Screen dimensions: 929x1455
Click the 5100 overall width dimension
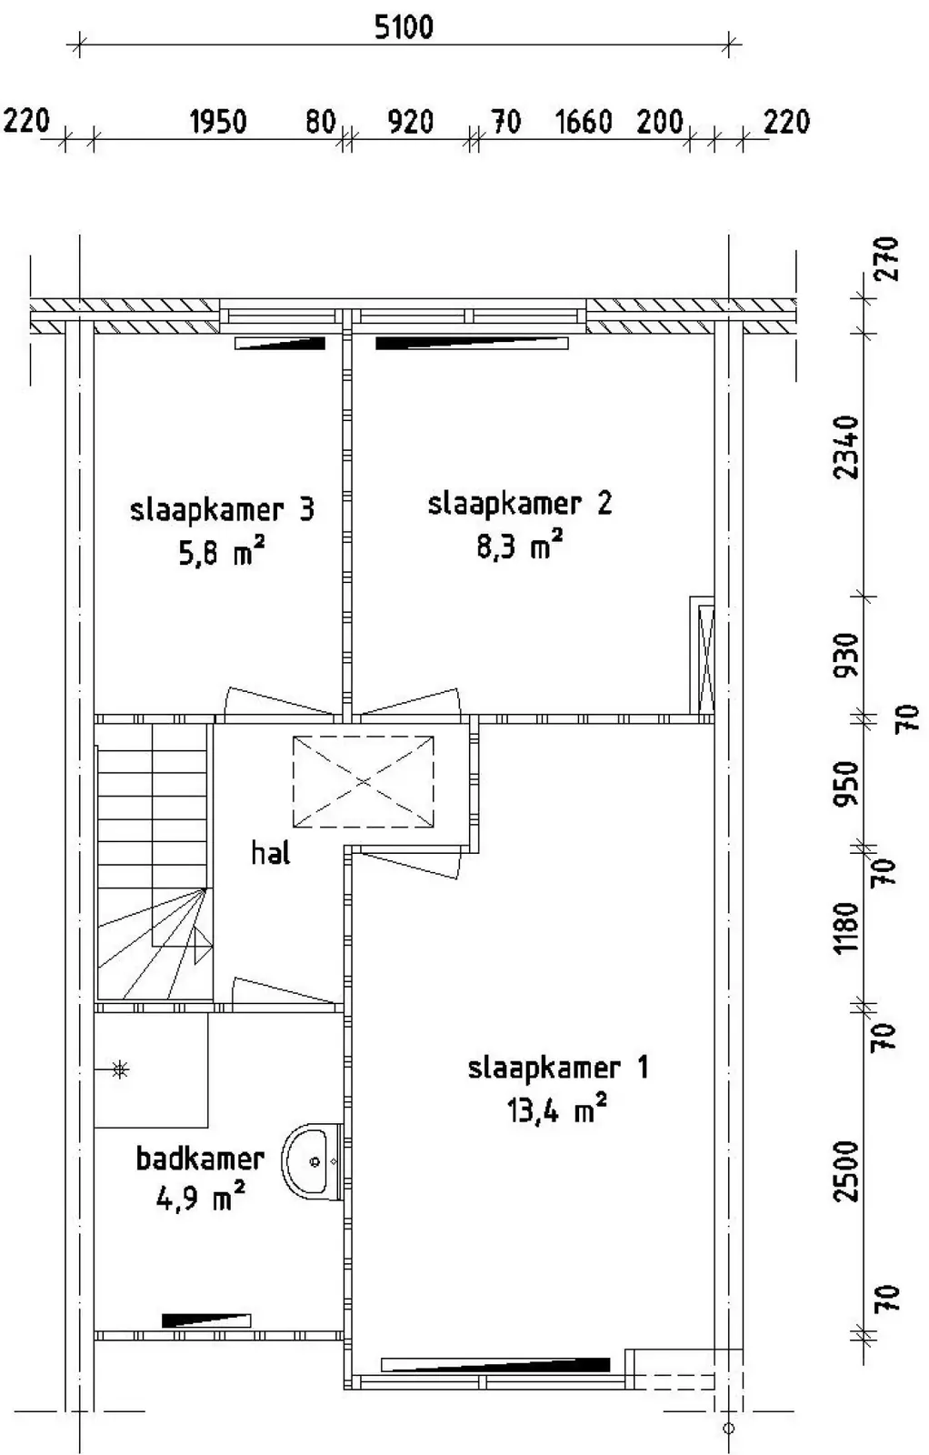point(404,27)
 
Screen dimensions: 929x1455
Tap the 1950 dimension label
point(218,122)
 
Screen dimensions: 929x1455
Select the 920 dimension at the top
point(410,122)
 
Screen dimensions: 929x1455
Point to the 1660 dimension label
point(584,122)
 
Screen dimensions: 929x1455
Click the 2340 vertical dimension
point(846,447)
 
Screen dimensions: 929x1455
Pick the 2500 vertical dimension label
point(846,1171)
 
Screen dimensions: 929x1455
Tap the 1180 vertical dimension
point(846,928)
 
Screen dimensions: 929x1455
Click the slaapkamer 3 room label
point(222,510)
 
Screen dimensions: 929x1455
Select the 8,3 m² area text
point(519,545)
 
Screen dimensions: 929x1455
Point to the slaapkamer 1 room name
point(557,1069)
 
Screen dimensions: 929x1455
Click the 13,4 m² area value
point(556,1110)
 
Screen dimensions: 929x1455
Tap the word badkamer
point(200,1159)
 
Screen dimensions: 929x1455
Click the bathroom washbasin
point(313,1161)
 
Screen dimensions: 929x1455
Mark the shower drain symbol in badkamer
point(119,1069)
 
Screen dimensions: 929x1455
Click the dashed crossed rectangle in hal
point(363,781)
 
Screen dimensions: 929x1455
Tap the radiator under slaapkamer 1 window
point(495,1364)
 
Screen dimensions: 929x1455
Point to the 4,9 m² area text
point(201,1197)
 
